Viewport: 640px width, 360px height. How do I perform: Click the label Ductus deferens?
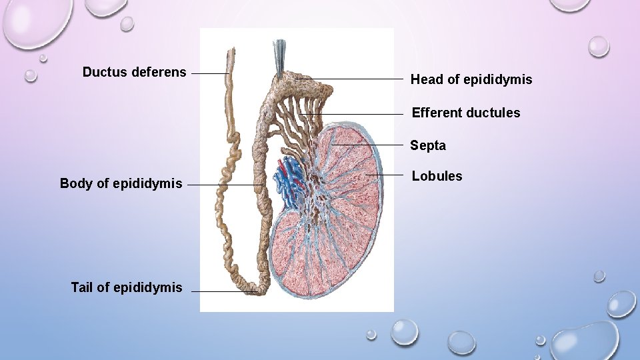(134, 72)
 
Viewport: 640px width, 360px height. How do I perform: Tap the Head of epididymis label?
(471, 80)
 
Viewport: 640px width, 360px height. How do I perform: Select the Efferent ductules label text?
(466, 113)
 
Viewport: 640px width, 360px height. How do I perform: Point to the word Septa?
(428, 145)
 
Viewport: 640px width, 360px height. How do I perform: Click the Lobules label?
(437, 176)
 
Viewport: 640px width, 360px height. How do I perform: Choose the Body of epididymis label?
(121, 183)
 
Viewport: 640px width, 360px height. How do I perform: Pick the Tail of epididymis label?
(126, 287)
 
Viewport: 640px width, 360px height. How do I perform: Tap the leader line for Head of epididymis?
(353, 79)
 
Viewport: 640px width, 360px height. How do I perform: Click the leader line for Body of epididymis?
(227, 185)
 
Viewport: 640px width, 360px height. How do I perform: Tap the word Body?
(73, 183)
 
